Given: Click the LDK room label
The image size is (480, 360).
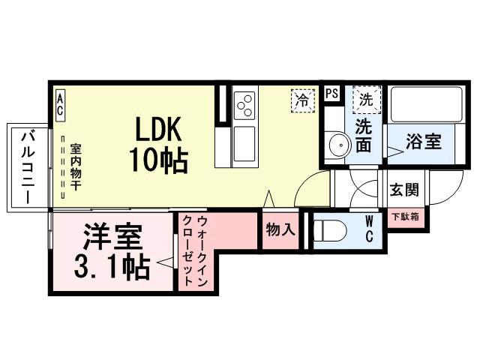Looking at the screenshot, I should pyautogui.click(x=159, y=128).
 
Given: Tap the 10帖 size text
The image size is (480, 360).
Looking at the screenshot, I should pyautogui.click(x=159, y=158).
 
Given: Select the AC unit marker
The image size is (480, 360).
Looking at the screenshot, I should pyautogui.click(x=60, y=104).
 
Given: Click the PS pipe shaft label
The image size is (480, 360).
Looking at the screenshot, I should pyautogui.click(x=331, y=94).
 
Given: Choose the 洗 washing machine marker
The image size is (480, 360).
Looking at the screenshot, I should pyautogui.click(x=365, y=98).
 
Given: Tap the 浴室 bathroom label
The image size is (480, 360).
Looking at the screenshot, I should pyautogui.click(x=423, y=140).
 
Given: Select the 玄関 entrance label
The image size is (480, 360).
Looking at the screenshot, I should pyautogui.click(x=403, y=189).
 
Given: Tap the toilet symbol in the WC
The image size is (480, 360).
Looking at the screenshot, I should pyautogui.click(x=329, y=229).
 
